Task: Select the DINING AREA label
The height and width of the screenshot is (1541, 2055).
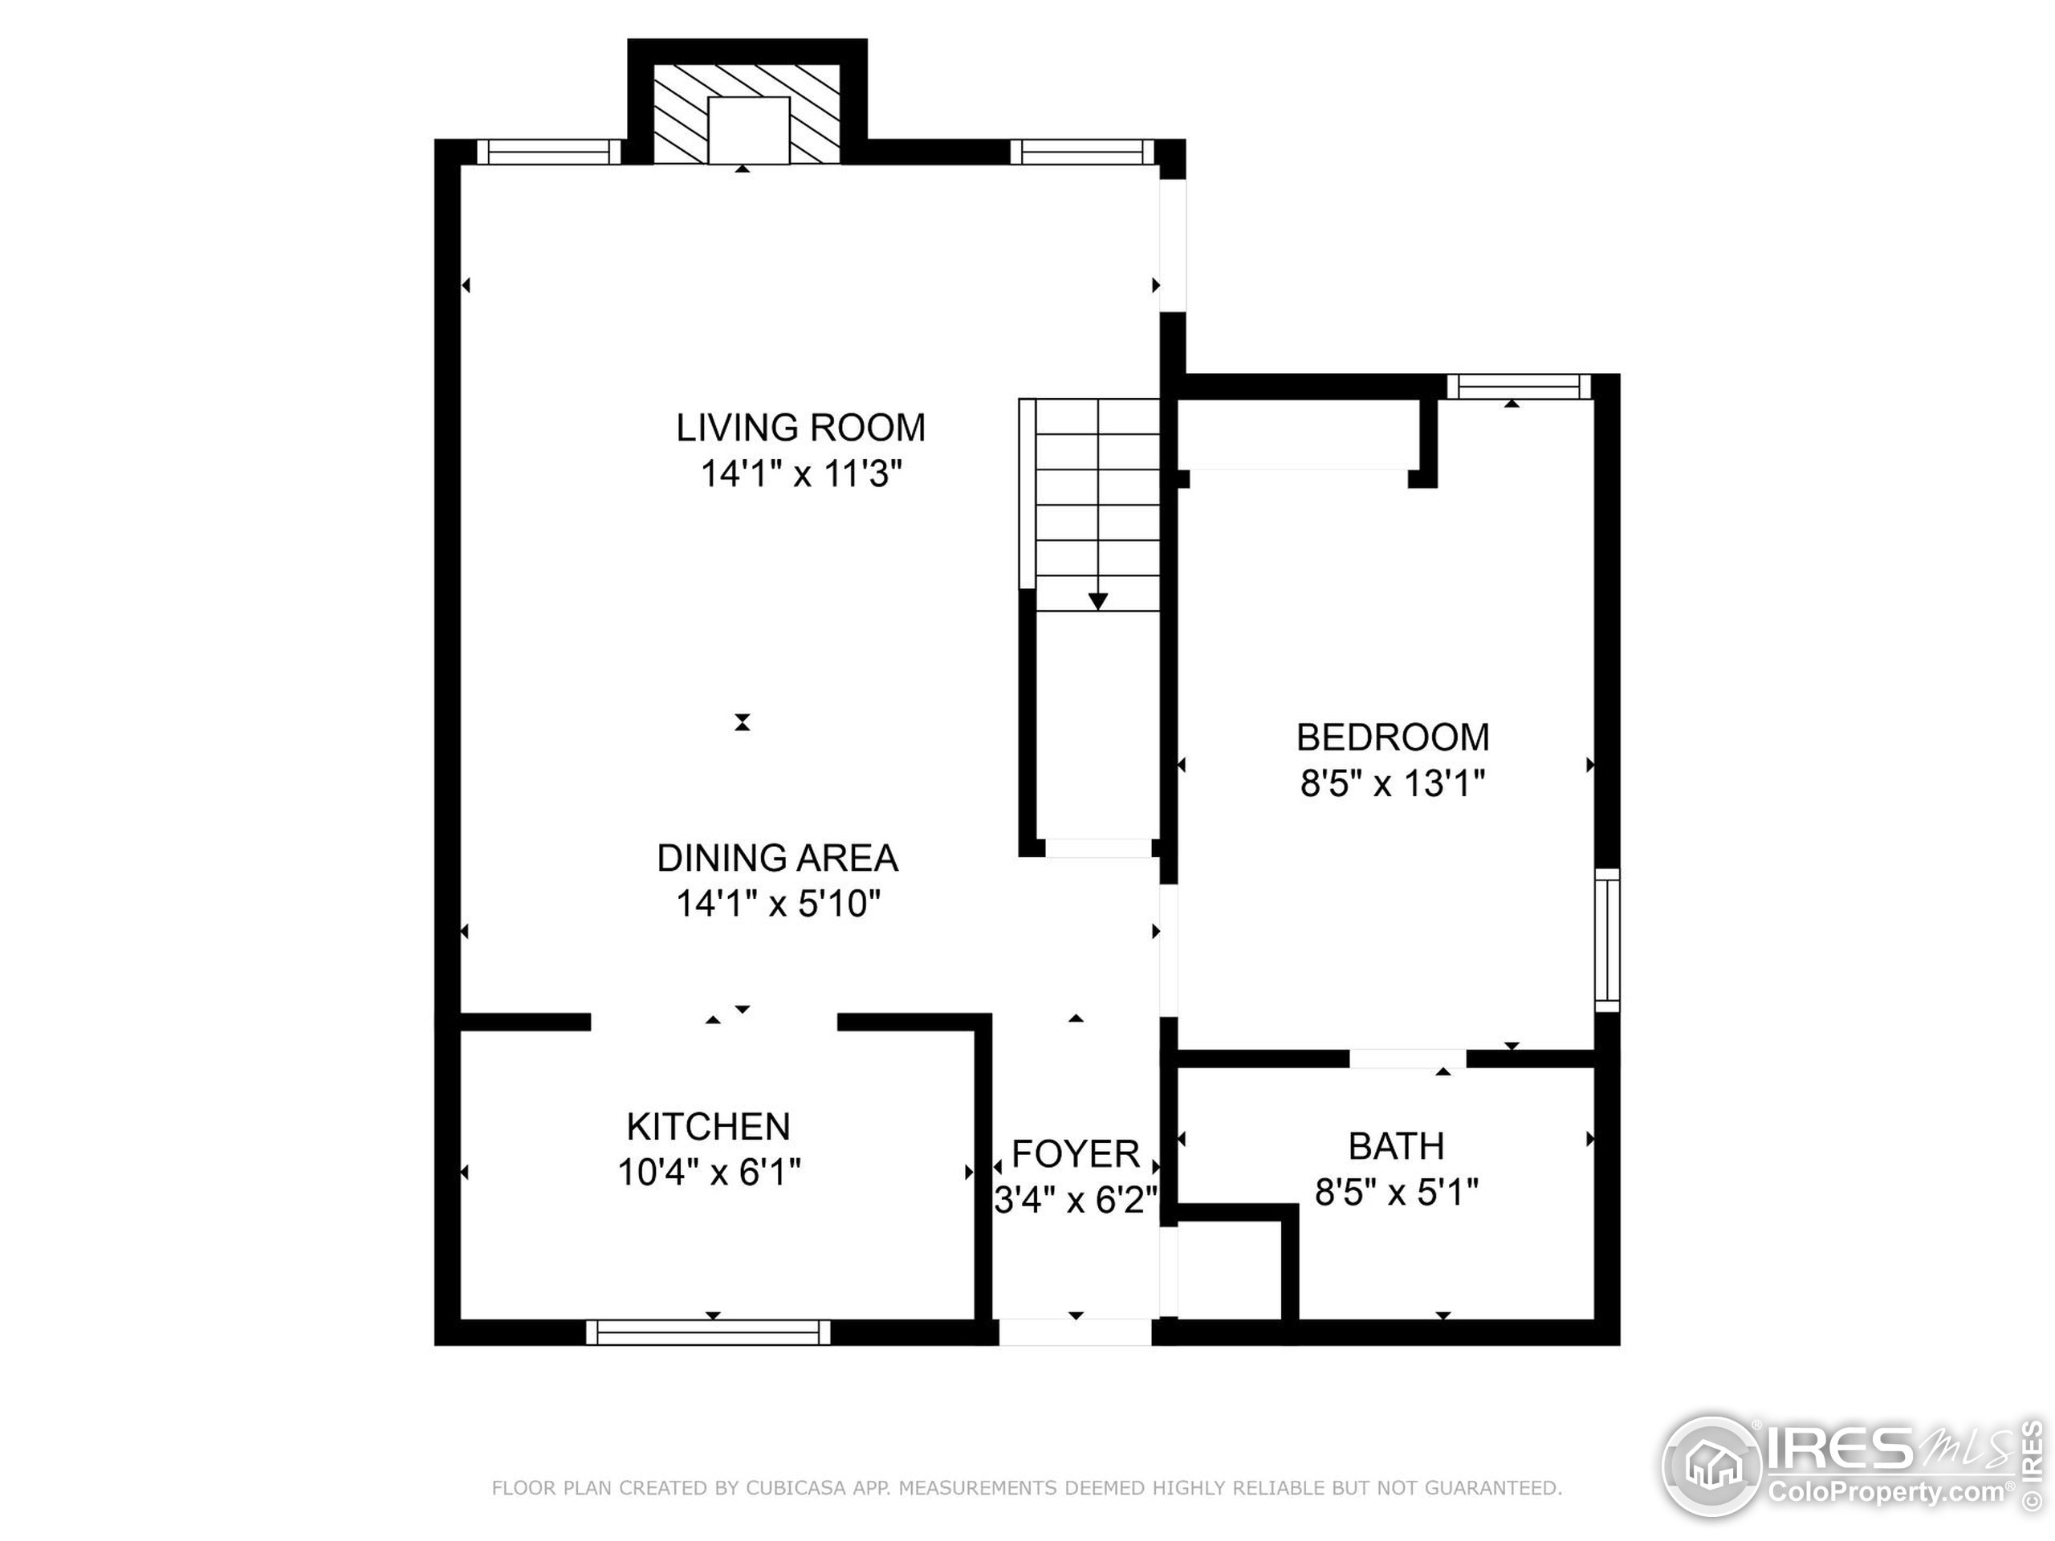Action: coord(777,857)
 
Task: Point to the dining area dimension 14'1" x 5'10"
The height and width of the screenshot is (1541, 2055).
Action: coord(777,903)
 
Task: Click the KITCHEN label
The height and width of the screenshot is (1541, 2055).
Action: coord(708,1126)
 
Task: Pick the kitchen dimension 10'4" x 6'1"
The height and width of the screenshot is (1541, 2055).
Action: coord(708,1173)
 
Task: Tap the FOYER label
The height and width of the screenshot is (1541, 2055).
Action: coord(1075,1153)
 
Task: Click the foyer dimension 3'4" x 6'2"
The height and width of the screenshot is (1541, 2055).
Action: coord(1075,1200)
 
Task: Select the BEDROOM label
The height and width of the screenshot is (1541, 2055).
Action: coord(1392,737)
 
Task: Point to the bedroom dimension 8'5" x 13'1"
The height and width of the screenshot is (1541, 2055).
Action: coord(1392,783)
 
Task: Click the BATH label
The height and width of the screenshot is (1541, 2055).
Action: coord(1395,1145)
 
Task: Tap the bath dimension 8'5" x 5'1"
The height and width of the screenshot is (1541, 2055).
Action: coord(1395,1192)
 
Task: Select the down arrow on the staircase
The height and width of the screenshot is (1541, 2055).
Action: coord(1098,601)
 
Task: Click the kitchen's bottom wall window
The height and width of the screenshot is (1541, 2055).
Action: coord(708,1332)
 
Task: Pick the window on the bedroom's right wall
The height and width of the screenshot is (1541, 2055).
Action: coord(1607,940)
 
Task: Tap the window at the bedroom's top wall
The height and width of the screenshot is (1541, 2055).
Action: coord(1518,386)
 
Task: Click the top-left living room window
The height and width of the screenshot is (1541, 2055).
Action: coord(549,152)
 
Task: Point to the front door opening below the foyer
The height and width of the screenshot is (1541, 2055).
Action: coord(1075,1332)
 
